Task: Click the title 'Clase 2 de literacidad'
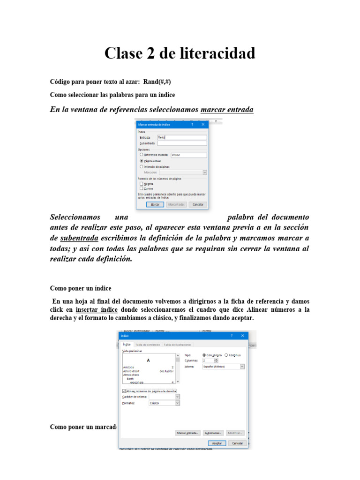tap(180, 53)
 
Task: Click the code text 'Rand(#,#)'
tap(160, 82)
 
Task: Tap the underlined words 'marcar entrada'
tap(227, 110)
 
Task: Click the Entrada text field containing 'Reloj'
tap(181, 138)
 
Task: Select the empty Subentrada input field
tap(181, 143)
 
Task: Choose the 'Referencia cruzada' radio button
tap(142, 154)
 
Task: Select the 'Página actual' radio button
tap(142, 160)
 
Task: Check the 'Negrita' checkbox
tap(142, 184)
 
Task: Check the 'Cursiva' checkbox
tap(142, 188)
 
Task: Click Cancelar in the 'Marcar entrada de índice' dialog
tap(198, 205)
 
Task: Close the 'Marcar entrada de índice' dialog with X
tap(203, 125)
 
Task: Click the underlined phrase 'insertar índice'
tap(97, 310)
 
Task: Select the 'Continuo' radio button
tap(226, 355)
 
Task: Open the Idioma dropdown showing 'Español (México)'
tap(242, 367)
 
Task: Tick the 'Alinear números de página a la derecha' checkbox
tap(124, 391)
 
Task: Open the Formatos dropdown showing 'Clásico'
tap(177, 403)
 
